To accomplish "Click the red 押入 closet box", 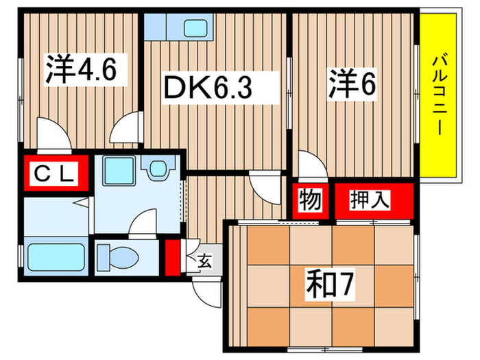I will coord(372,200).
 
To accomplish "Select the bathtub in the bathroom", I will coord(56,259).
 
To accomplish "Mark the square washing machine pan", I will coord(118,171).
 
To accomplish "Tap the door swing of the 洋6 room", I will coord(308,164).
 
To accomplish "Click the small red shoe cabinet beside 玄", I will coord(172,254).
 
